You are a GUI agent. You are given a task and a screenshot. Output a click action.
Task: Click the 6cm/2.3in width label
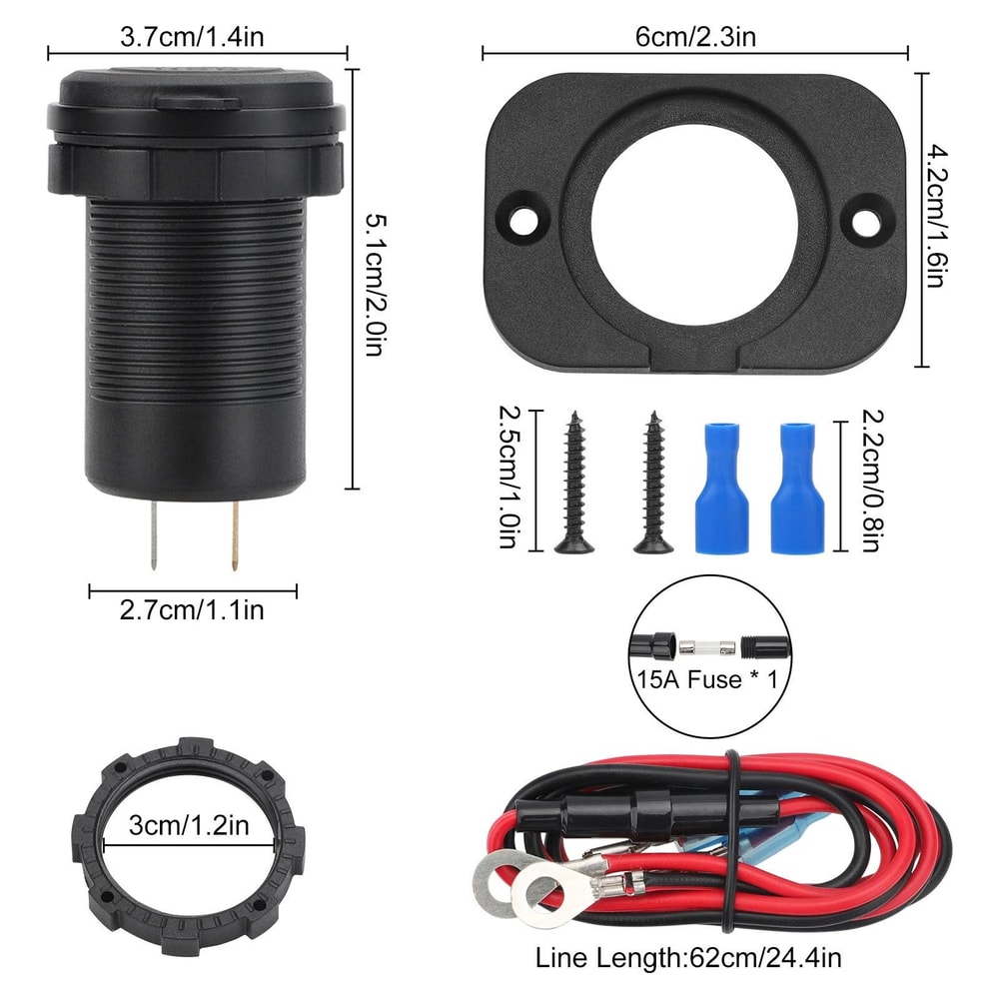point(695,38)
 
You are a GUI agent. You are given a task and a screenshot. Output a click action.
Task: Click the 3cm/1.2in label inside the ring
point(189,825)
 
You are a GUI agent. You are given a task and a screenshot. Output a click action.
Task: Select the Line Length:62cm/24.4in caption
point(688,959)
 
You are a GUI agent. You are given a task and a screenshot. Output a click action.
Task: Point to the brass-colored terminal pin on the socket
point(234,534)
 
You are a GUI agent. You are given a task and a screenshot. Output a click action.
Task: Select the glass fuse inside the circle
point(706,647)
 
